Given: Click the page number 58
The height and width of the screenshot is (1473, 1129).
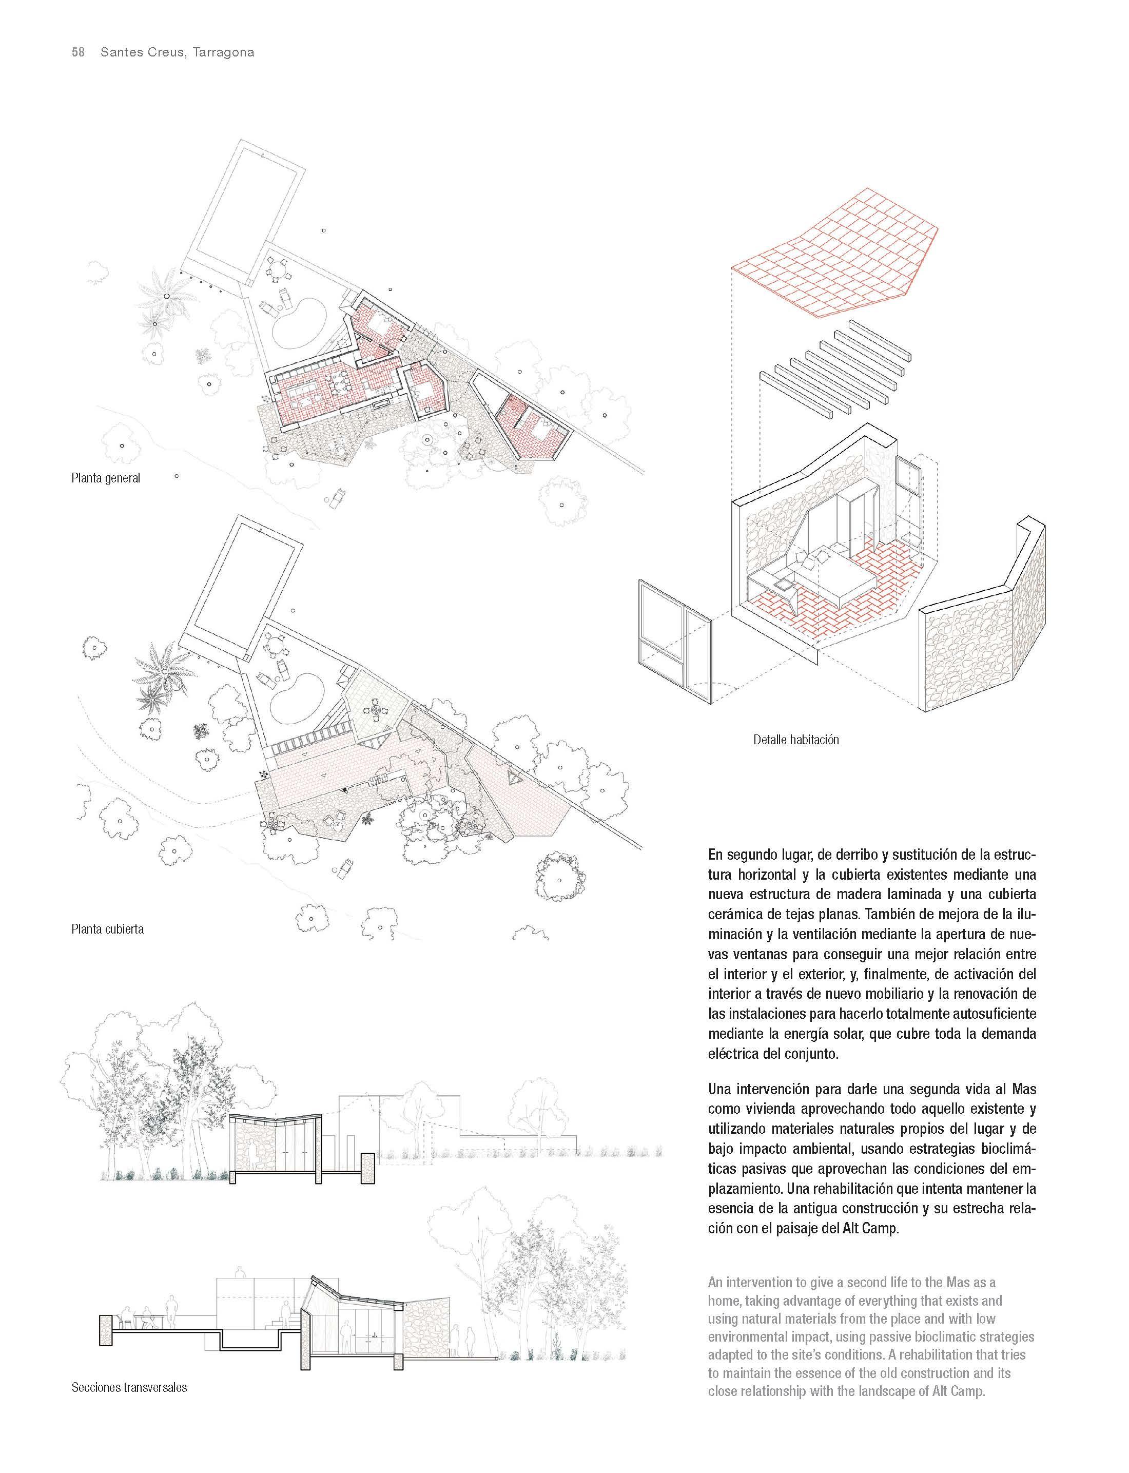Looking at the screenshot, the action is coord(78,52).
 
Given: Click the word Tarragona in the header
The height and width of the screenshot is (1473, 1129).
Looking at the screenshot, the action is coord(223,52).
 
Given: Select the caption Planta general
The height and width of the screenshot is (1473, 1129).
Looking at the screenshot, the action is coord(106,478).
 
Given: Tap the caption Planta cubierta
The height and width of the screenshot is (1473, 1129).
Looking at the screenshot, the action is coord(108,929).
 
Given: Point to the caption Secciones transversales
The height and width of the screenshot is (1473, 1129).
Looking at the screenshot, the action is coord(129,1387).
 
